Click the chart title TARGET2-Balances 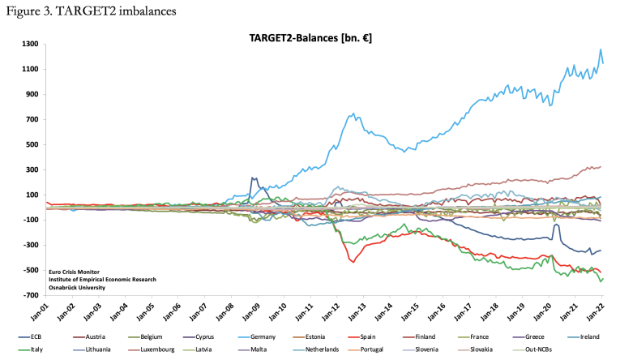point(310,37)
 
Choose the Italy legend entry point(40,349)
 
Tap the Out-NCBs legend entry point(548,349)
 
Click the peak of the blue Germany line point(601,49)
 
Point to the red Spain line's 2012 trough point(353,261)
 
